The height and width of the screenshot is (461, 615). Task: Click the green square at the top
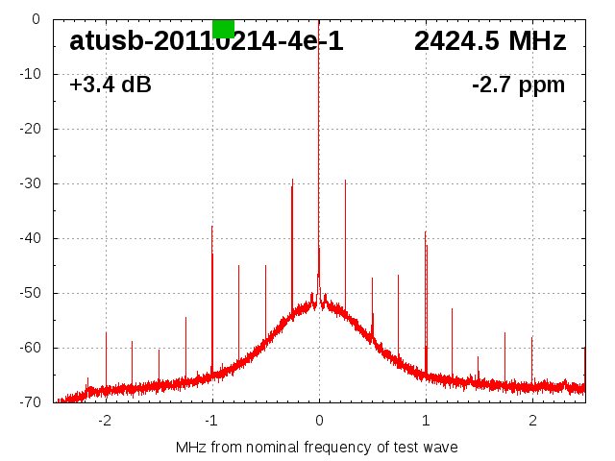tap(223, 28)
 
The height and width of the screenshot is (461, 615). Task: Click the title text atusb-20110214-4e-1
tap(207, 41)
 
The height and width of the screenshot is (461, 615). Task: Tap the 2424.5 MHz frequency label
tap(490, 41)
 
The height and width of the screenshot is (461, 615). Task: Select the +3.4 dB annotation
tap(111, 85)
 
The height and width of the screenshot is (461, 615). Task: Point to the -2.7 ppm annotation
tap(518, 85)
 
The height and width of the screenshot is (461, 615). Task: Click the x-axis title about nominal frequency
tap(317, 448)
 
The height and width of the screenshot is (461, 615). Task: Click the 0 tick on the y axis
tap(36, 19)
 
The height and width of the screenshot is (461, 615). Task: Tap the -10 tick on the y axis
tap(29, 74)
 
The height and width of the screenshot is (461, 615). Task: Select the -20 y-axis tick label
tap(29, 129)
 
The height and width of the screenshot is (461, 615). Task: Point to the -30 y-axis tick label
tap(29, 183)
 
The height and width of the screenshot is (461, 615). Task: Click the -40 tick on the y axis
tap(29, 238)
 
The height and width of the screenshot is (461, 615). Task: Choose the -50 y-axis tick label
tap(29, 293)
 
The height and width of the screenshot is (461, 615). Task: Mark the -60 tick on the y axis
tap(29, 348)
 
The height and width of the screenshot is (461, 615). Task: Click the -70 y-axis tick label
tap(29, 402)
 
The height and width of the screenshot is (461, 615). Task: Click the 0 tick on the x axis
tap(319, 421)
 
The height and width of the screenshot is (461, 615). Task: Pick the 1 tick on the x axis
tap(426, 421)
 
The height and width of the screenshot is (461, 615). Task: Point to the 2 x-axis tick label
tap(532, 421)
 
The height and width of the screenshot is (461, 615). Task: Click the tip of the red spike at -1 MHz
tap(211, 227)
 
